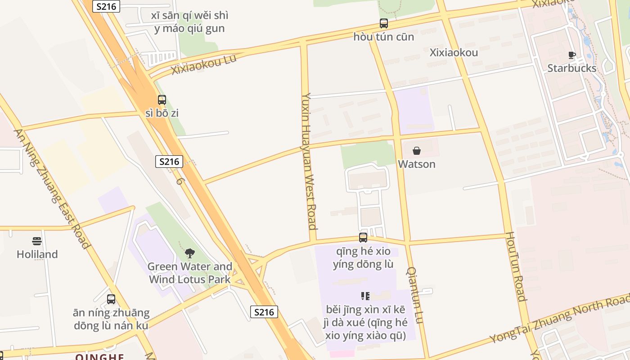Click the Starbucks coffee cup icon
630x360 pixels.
571,55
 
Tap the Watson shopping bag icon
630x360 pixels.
417,151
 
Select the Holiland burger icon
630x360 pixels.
37,241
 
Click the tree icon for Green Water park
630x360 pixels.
189,253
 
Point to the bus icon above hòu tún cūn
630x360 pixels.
383,23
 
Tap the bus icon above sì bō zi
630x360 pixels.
162,100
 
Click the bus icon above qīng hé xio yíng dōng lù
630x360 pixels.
363,238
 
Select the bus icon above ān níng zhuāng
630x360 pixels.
111,299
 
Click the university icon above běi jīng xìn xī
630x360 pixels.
365,296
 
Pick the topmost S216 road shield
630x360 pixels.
106,6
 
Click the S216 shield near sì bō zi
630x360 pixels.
169,162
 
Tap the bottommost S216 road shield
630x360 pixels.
264,312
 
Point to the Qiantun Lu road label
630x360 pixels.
415,295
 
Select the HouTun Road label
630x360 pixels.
515,266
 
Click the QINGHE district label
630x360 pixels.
100,357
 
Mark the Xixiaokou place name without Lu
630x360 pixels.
454,53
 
